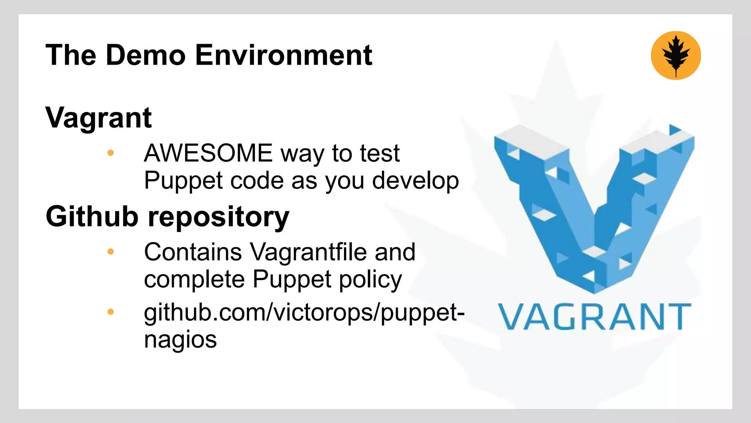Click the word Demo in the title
[x=146, y=55]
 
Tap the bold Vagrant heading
[x=98, y=118]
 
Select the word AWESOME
[x=208, y=153]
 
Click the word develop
[x=415, y=181]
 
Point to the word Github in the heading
[x=92, y=216]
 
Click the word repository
[x=219, y=217]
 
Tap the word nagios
[x=180, y=340]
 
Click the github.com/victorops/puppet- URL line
[x=304, y=313]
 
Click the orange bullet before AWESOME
[x=110, y=153]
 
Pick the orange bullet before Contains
[x=110, y=252]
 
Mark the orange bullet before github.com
[x=110, y=312]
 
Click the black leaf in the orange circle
[x=676, y=55]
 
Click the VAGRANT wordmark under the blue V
[x=594, y=317]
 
